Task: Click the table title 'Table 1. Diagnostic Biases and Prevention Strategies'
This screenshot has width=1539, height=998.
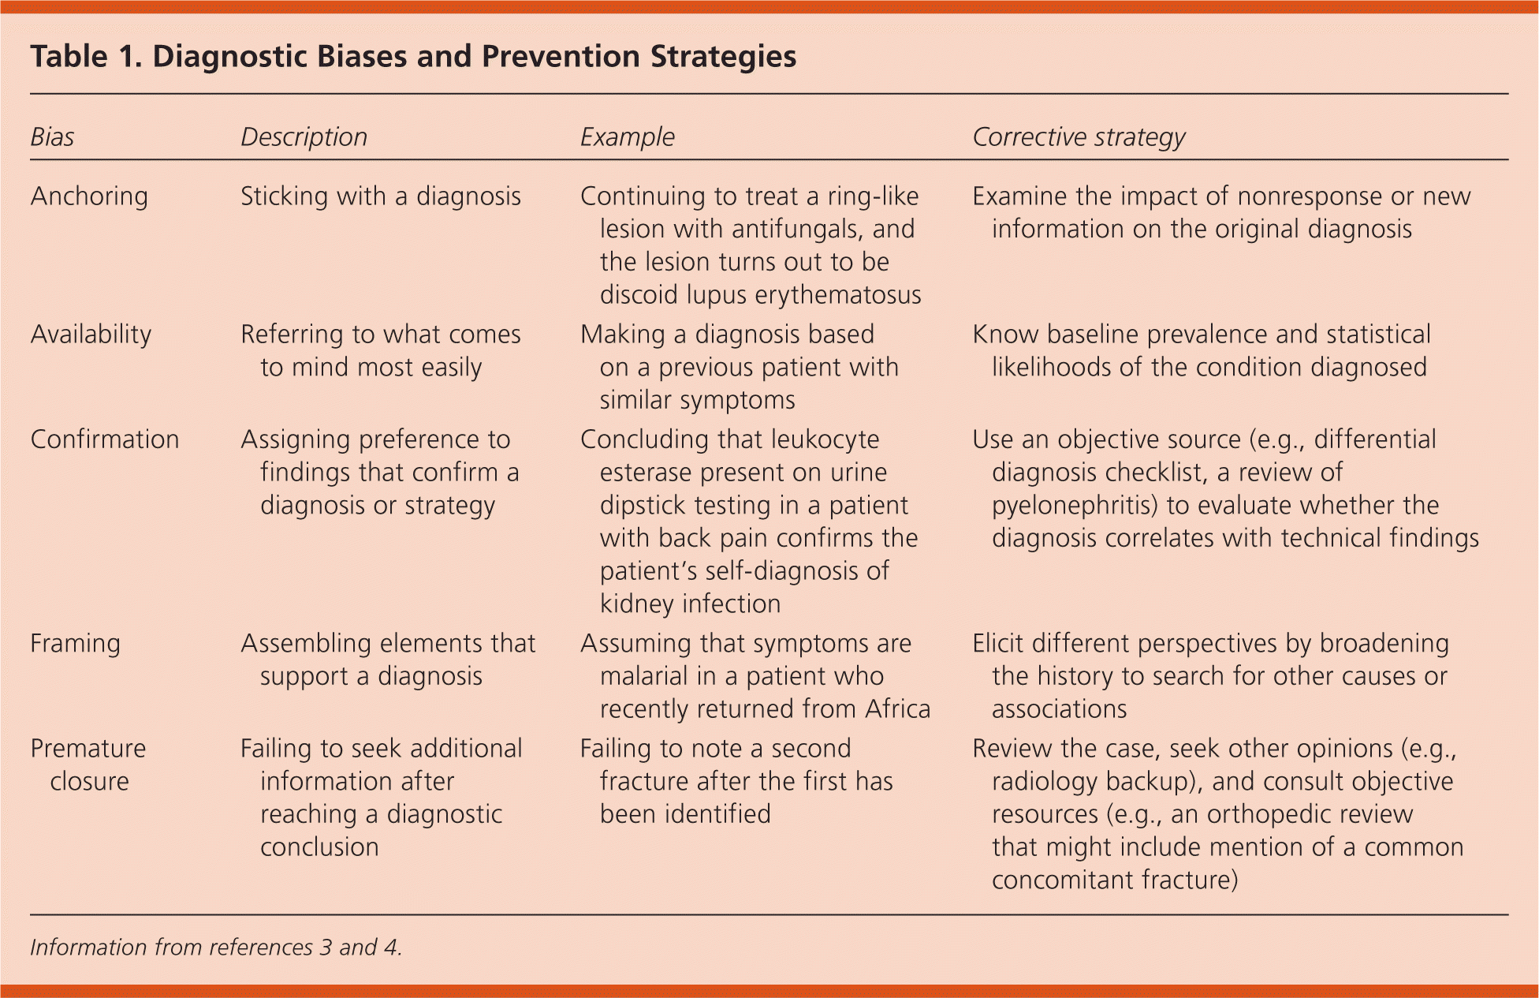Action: [x=413, y=57]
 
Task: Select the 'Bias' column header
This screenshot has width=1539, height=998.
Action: [x=52, y=137]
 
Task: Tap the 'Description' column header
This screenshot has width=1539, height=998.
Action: [x=304, y=137]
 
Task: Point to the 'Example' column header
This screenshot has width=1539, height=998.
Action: [x=628, y=137]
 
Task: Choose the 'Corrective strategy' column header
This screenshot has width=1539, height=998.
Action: [x=1079, y=137]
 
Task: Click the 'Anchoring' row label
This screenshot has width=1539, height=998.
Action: [x=89, y=196]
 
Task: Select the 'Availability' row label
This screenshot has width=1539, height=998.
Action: [x=91, y=335]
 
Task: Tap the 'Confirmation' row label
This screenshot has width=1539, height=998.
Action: [x=105, y=439]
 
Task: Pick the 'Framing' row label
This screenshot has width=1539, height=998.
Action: [x=75, y=644]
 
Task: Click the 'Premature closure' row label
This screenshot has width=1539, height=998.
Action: [x=88, y=764]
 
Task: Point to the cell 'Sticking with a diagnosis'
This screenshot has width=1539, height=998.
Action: [x=381, y=196]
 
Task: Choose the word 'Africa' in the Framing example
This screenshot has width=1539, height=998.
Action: [x=897, y=709]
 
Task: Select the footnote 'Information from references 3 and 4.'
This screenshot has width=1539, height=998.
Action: [x=216, y=948]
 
